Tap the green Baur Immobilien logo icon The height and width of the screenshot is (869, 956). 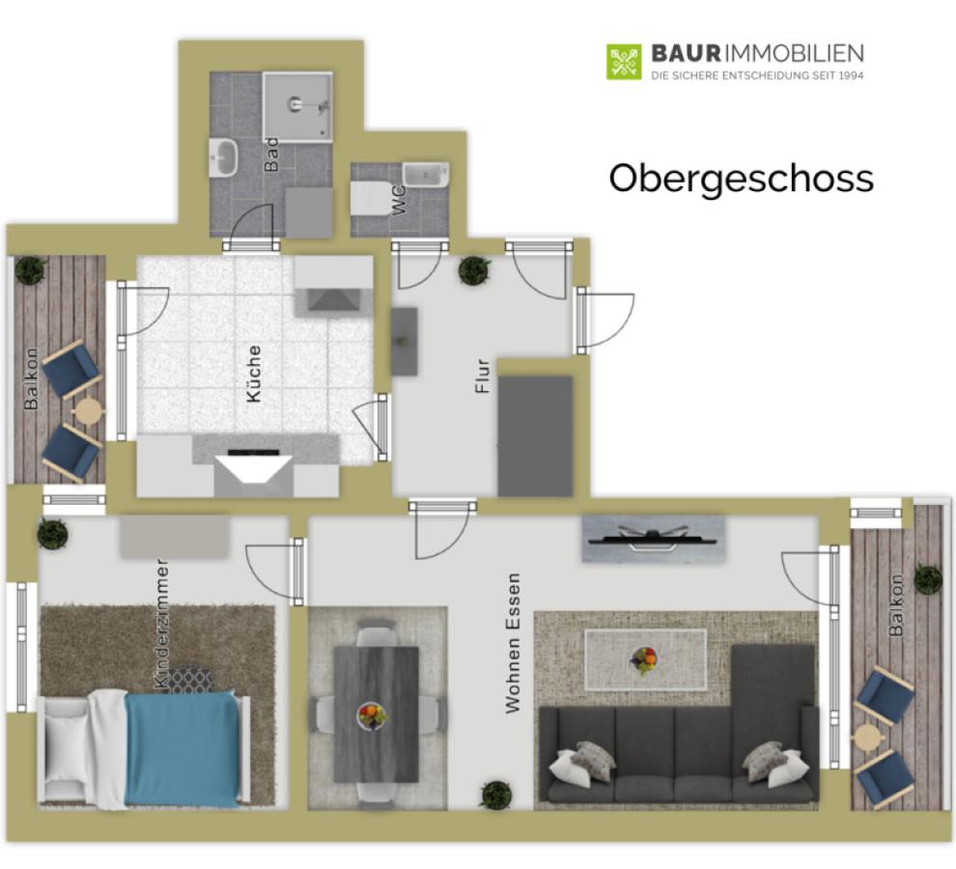(x=624, y=61)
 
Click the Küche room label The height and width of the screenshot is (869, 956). (x=254, y=374)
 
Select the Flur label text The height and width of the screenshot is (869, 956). (x=482, y=376)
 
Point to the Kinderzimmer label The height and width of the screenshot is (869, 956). (x=162, y=623)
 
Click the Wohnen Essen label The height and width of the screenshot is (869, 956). (x=513, y=643)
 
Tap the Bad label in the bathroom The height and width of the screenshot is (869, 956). (x=270, y=154)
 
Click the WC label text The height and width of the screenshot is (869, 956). (x=399, y=200)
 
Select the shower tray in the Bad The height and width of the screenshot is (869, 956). (x=297, y=107)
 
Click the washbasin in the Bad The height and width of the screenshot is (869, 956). (x=223, y=157)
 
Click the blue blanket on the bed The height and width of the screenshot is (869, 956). (x=182, y=749)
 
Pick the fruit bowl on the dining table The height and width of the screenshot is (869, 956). (x=372, y=715)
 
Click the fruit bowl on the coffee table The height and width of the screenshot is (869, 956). (x=644, y=660)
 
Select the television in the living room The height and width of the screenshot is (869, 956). (x=653, y=538)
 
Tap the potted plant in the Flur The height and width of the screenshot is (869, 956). (x=475, y=270)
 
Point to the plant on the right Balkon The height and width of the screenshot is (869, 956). (x=927, y=579)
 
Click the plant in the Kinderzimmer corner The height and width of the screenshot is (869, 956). (x=53, y=534)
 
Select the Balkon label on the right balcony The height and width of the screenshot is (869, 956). (x=896, y=604)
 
